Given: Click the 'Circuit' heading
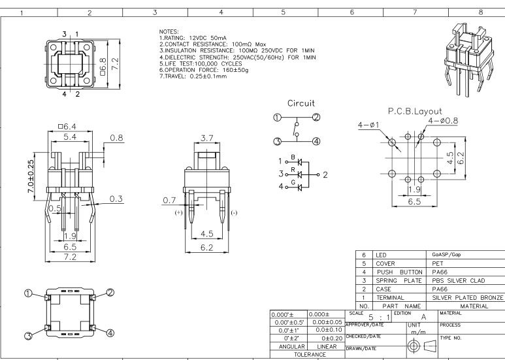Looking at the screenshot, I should point(302,103).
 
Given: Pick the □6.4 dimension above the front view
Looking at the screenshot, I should point(67,127).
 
